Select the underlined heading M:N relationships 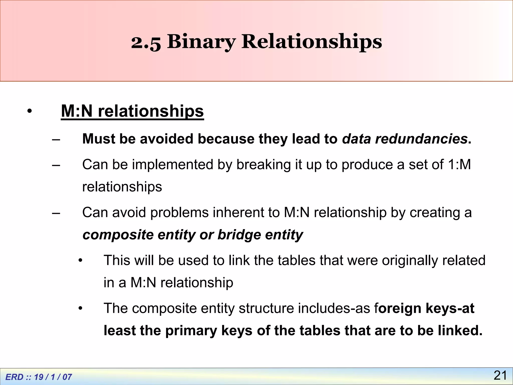[x=132, y=111]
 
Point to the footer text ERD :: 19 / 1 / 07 [x=39, y=377]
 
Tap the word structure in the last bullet [x=266, y=308]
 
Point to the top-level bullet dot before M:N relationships [x=30, y=111]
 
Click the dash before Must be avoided [x=56, y=139]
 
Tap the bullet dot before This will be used [x=80, y=261]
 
